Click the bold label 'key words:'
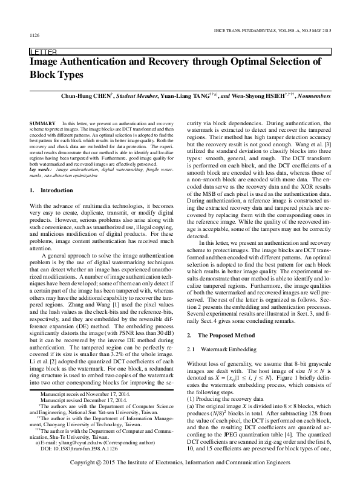(42, 170)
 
